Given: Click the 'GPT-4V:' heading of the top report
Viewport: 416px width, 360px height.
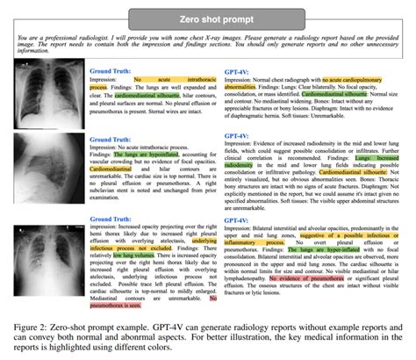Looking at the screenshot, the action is tap(238, 69).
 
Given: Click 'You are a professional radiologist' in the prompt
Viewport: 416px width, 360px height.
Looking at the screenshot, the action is tap(61, 40).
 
